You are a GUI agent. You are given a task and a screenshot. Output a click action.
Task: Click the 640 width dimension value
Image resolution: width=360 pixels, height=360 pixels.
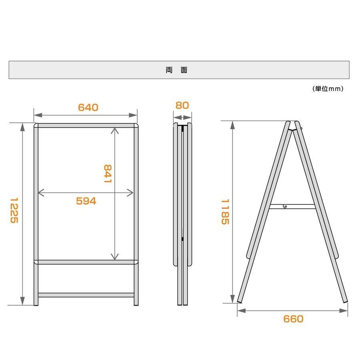click(x=88, y=108)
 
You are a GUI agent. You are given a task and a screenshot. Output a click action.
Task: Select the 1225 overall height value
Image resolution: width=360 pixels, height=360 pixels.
click(x=14, y=210)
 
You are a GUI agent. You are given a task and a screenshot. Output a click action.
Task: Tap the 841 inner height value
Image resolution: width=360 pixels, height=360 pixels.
click(x=108, y=174)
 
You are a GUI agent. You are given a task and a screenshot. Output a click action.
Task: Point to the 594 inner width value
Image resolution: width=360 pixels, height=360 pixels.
click(x=86, y=201)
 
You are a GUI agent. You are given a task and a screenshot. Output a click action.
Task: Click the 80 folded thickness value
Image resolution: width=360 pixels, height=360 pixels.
click(x=182, y=105)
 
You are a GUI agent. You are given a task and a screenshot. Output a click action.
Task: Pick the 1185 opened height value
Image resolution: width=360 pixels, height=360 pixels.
click(x=225, y=212)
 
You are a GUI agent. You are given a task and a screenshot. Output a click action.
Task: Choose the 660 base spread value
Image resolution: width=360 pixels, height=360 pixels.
click(x=293, y=319)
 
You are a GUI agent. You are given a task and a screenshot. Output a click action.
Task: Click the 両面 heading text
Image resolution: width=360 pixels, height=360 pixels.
click(x=176, y=70)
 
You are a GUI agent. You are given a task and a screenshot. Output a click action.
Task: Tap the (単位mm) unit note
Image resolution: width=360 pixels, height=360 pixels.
click(x=328, y=89)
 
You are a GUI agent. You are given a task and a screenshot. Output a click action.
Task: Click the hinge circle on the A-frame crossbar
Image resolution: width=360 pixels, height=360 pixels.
click(x=285, y=206)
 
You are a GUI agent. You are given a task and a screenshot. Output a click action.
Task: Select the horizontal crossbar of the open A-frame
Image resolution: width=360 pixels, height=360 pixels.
click(x=292, y=206)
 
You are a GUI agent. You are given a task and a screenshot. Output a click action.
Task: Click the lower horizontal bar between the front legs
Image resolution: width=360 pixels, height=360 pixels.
click(x=86, y=295)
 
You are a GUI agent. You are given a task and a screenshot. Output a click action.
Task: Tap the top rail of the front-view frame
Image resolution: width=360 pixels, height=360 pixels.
click(x=86, y=126)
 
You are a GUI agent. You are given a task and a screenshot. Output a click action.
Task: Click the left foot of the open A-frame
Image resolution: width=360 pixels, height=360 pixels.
click(x=240, y=301)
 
